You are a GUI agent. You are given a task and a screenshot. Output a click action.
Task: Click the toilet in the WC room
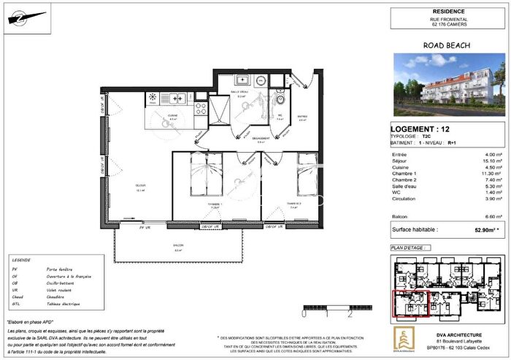tap(280, 101)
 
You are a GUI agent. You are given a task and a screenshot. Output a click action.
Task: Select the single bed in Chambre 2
tap(304, 176)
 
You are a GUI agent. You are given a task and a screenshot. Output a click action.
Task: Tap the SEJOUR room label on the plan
tap(139, 187)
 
